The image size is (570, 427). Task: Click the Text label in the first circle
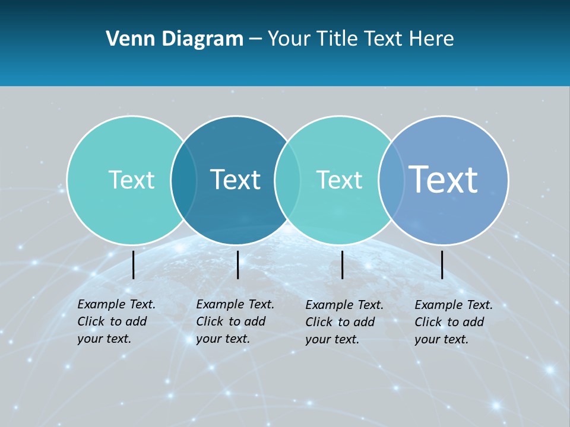pos(131,180)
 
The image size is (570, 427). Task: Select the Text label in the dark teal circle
pos(236,180)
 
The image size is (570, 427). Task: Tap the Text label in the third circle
pos(339,180)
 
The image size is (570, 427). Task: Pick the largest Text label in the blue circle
pos(444,179)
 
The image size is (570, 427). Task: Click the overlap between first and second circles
pos(183,180)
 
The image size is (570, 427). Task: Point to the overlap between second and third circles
pos(287,180)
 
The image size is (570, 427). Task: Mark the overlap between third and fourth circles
pos(391,180)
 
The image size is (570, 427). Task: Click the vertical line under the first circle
pos(133,265)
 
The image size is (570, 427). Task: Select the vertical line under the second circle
pos(237,265)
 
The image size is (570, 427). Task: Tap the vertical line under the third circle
pos(342,265)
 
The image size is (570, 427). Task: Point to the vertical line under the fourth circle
pos(442,265)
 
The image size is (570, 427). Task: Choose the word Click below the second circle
pos(209,321)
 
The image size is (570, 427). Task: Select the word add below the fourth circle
pos(473,322)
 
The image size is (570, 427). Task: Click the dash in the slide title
pos(255,40)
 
